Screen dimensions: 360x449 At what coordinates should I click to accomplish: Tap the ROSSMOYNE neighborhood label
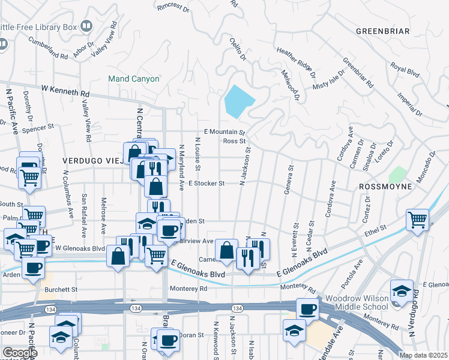click(x=385, y=187)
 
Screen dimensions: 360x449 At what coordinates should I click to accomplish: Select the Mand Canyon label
click(x=133, y=79)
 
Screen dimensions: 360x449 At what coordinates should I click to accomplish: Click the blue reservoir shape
click(x=239, y=101)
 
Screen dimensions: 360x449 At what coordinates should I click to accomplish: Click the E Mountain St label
click(x=224, y=131)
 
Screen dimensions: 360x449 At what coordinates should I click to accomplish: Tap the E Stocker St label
click(x=206, y=183)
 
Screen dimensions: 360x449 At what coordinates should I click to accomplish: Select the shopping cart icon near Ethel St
click(x=417, y=219)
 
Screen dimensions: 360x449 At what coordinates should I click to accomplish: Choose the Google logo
click(x=19, y=353)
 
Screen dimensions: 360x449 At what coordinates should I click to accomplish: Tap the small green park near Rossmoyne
click(x=397, y=175)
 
